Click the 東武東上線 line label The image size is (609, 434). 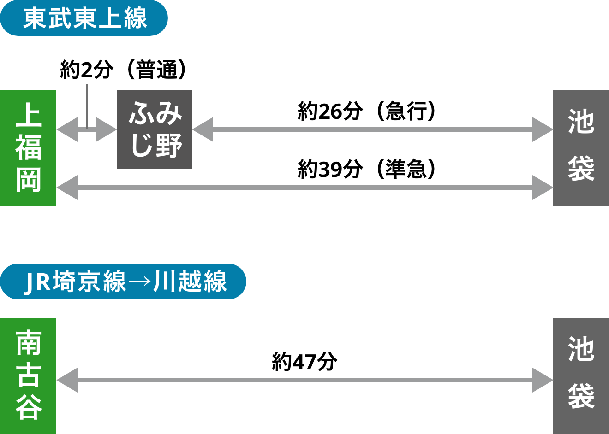point(84,18)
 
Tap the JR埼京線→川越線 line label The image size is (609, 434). point(123,282)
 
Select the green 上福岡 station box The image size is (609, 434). point(28,148)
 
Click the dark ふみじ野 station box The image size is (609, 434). point(155,129)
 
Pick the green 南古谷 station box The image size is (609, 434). point(28,375)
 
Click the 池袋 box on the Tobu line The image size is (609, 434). point(580,148)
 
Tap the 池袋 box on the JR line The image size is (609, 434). point(580,375)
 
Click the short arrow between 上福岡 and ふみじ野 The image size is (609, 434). point(87,130)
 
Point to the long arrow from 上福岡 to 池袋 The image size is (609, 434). point(304,188)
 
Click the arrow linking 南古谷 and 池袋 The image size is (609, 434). point(304,380)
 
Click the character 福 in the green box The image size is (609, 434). point(29,147)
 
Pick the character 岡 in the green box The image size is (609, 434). point(29,180)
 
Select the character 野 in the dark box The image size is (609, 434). point(169,146)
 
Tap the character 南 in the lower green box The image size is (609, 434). point(29,343)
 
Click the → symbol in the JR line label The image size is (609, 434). point(140,282)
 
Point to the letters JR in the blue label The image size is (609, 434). point(37,282)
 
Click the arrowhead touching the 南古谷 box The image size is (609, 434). point(66,380)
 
